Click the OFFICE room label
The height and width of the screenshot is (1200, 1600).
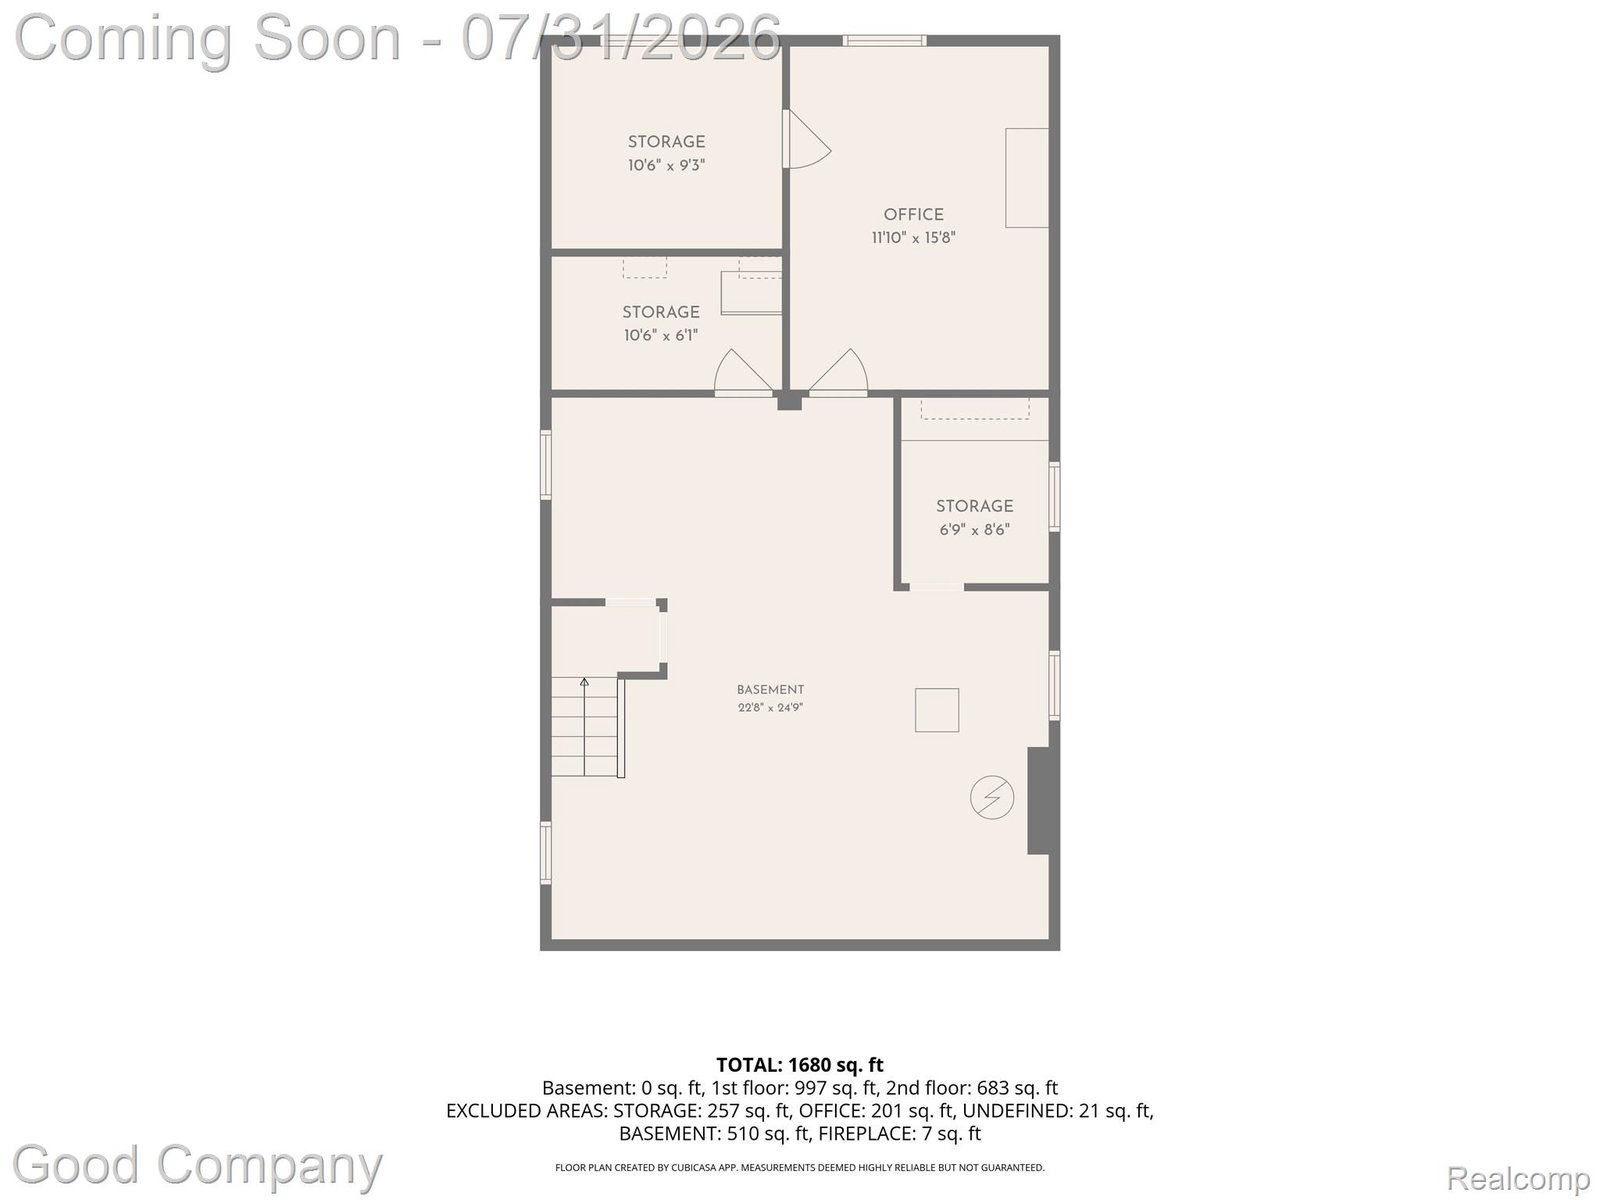point(913,214)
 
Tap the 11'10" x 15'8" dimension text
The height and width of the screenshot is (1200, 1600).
point(913,238)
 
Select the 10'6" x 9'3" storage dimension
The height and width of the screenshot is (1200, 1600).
point(666,165)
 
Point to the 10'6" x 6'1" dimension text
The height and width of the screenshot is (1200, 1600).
point(661,336)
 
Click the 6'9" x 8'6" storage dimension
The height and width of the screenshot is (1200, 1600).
point(975,530)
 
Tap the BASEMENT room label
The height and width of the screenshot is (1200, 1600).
point(770,689)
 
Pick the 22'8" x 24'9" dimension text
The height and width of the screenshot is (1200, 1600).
point(770,707)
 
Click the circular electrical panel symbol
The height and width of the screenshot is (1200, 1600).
point(991,797)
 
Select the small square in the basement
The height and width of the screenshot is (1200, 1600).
point(937,710)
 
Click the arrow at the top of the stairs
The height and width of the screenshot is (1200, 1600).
point(584,683)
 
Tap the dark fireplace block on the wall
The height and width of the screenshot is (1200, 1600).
point(1039,801)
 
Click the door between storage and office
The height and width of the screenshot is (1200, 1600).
point(806,138)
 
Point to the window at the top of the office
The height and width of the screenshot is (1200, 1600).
point(885,41)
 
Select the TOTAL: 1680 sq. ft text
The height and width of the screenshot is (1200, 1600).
point(800,1065)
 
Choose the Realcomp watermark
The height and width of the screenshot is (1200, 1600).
point(1518,1178)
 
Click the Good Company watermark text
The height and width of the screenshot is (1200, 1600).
point(198,1165)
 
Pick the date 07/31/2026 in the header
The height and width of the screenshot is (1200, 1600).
point(621,38)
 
